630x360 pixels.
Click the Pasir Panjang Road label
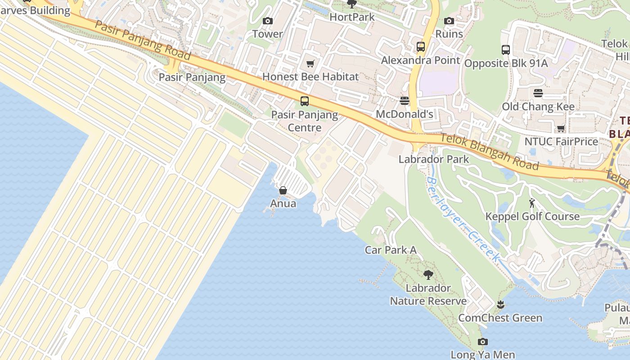pyautogui.click(x=143, y=40)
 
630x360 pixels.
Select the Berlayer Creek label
pyautogui.click(x=463, y=220)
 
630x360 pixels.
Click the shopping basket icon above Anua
pyautogui.click(x=283, y=190)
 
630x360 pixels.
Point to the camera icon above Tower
pyautogui.click(x=268, y=21)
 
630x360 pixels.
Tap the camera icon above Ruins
pyautogui.click(x=449, y=21)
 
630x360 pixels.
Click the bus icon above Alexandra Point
pyautogui.click(x=421, y=46)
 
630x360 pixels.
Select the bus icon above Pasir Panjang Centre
pyautogui.click(x=305, y=101)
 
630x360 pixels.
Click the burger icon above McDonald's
pyautogui.click(x=405, y=100)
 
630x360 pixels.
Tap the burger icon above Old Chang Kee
pyautogui.click(x=538, y=93)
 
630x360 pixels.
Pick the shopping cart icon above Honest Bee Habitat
pyautogui.click(x=310, y=63)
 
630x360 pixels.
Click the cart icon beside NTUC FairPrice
pyautogui.click(x=561, y=129)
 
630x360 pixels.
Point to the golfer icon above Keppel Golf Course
pyautogui.click(x=532, y=203)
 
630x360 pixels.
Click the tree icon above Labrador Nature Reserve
pyautogui.click(x=428, y=274)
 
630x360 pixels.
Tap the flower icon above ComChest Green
pyautogui.click(x=500, y=305)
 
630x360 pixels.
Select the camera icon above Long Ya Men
pyautogui.click(x=483, y=342)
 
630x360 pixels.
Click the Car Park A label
pyautogui.click(x=390, y=250)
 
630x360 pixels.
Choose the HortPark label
pyautogui.click(x=352, y=17)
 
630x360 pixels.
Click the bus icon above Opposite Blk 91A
pyautogui.click(x=506, y=50)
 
